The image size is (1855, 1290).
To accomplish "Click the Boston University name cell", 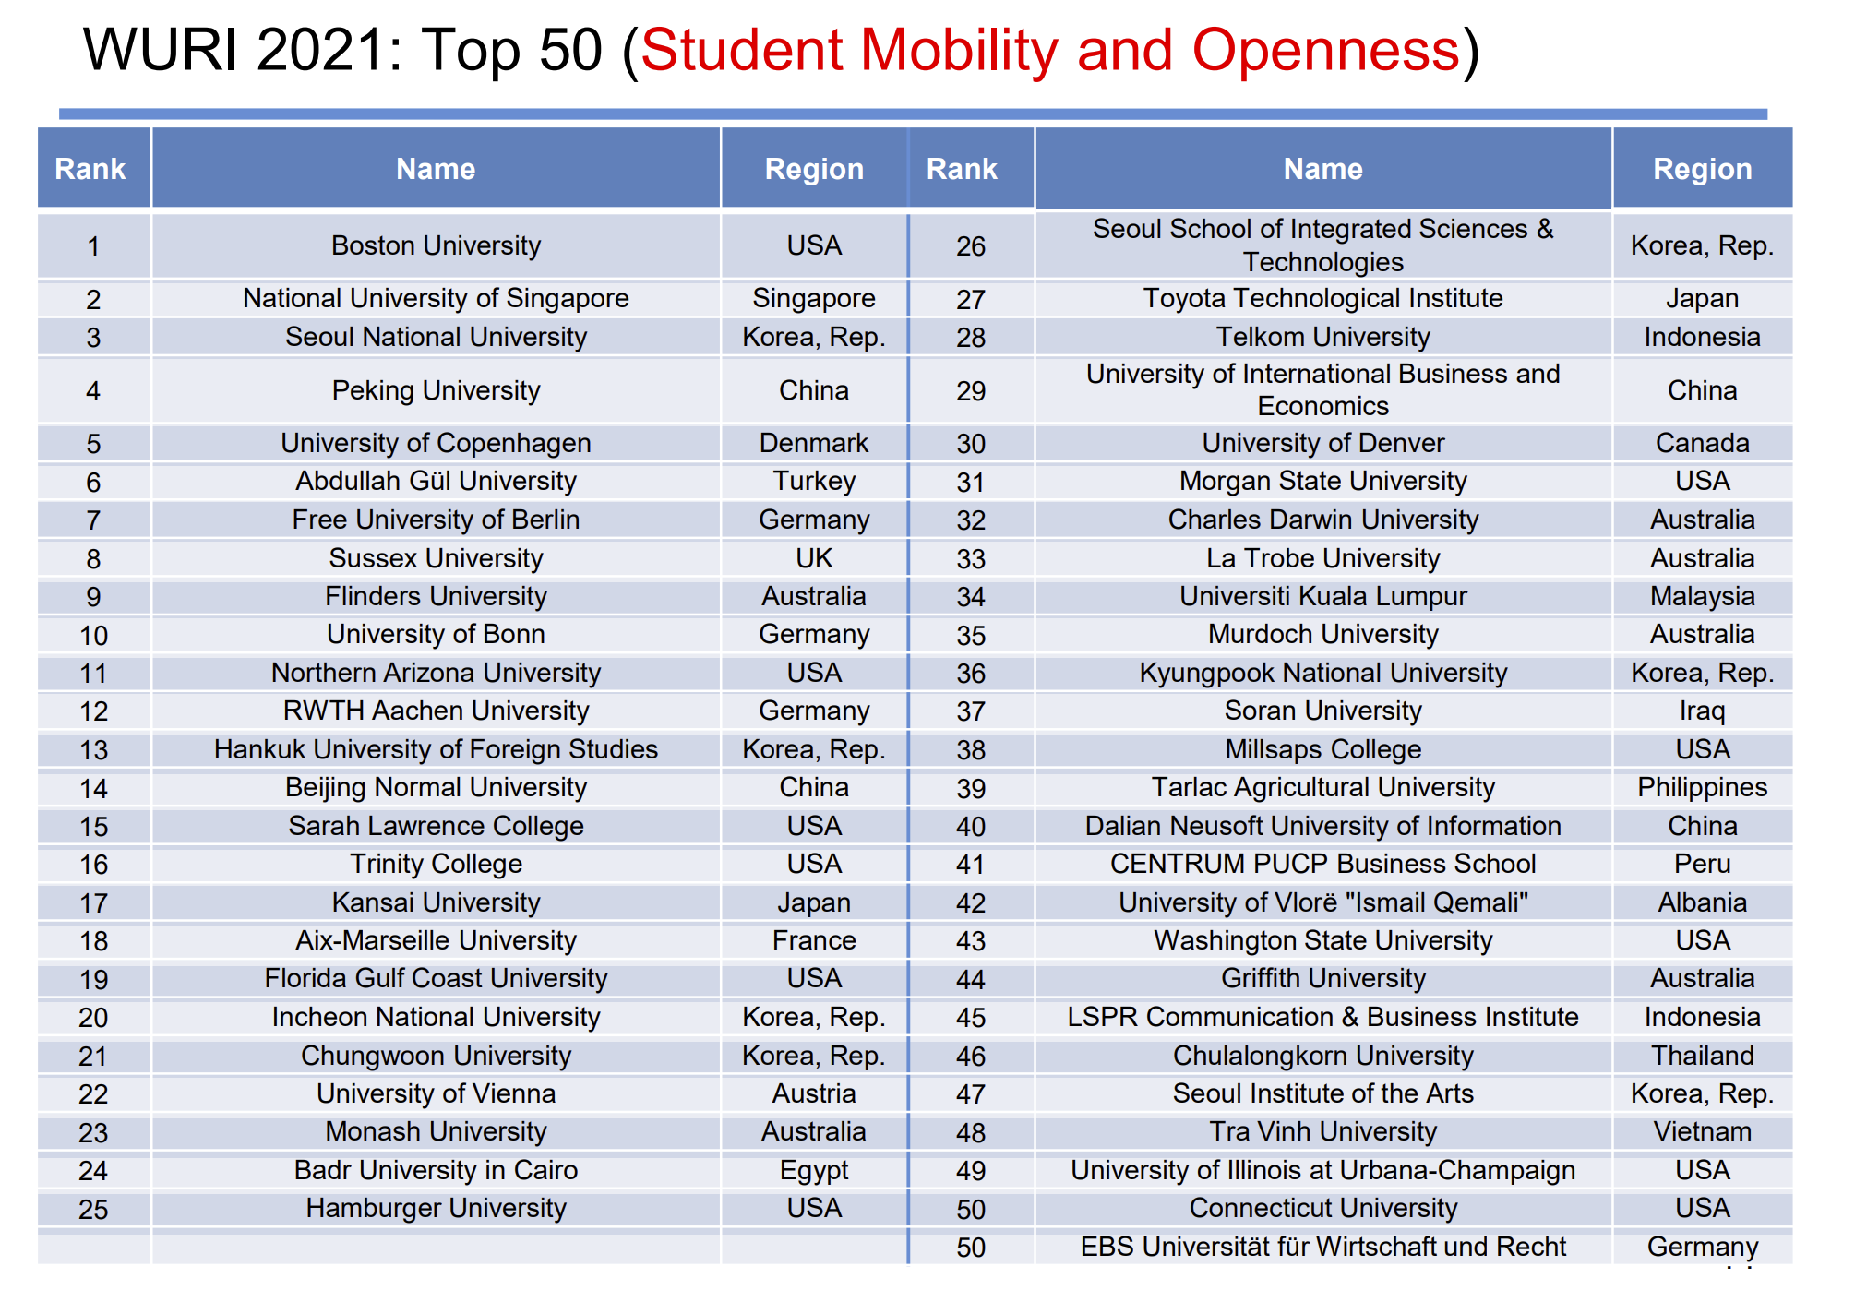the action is coord(436,245).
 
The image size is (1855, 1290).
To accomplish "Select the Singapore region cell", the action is coord(814,298).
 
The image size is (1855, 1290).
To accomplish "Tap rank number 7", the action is coord(93,520).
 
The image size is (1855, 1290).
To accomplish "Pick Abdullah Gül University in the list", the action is coord(436,481).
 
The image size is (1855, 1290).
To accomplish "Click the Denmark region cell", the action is coord(814,443).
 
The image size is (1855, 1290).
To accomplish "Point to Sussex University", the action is coord(436,558).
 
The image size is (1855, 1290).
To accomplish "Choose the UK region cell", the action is coord(814,558).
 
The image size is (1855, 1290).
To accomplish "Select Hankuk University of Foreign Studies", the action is coord(436,749).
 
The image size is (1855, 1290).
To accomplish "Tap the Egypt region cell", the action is coord(814,1170).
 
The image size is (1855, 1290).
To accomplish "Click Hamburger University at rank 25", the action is coord(436,1208).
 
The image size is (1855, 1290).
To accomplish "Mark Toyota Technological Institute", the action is coord(1322,298).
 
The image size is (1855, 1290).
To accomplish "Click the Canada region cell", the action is coord(1702,443).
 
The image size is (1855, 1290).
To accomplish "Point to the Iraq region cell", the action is coord(1702,711).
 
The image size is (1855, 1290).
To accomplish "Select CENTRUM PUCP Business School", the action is coord(1322,864).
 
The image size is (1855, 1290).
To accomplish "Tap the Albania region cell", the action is coord(1702,902).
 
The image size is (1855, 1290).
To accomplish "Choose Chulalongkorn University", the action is coord(1322,1056).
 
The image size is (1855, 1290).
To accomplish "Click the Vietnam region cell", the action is coord(1702,1131).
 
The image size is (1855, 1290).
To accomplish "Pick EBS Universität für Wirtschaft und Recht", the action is coord(1322,1247).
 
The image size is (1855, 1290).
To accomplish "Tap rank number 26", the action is coord(971,246).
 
